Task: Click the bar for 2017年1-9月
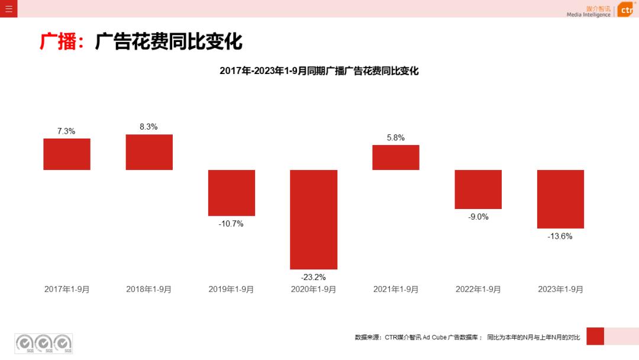tap(67, 154)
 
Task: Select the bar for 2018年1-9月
tap(149, 152)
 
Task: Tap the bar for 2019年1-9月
tap(231, 192)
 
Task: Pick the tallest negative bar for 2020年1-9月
tap(314, 219)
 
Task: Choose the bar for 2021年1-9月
tap(396, 157)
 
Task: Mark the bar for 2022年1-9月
tap(478, 189)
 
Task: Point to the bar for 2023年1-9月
tap(560, 199)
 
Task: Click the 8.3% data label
tap(149, 127)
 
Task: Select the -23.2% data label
tap(314, 277)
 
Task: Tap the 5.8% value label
tap(396, 137)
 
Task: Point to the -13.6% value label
tap(560, 236)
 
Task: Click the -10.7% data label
tap(231, 224)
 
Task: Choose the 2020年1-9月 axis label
tap(314, 290)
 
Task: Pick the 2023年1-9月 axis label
tap(560, 290)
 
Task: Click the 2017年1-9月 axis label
tap(67, 290)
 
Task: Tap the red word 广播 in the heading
tap(58, 42)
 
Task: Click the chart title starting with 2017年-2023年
tap(319, 71)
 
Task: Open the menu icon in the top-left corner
tap(8, 9)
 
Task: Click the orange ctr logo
tap(626, 10)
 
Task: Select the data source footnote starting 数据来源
tap(467, 337)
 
